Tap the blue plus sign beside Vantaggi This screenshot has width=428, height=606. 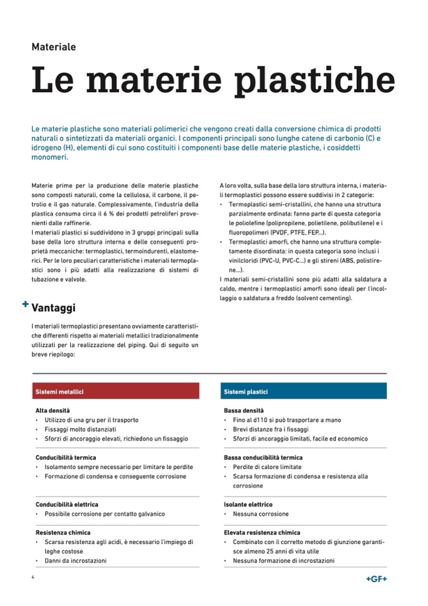25,304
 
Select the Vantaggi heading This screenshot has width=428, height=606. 54,308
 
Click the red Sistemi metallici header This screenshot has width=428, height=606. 60,392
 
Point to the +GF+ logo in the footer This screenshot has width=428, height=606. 376,579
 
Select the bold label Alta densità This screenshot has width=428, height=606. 52,410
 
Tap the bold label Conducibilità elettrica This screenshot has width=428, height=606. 67,504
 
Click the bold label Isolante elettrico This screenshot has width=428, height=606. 248,504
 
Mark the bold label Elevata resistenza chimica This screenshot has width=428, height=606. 262,533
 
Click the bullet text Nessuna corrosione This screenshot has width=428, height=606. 260,514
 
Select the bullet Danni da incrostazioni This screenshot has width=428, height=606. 76,561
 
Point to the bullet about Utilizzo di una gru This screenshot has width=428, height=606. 91,420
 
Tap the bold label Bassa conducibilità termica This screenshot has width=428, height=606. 263,458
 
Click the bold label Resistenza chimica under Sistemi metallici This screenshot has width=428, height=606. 63,533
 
